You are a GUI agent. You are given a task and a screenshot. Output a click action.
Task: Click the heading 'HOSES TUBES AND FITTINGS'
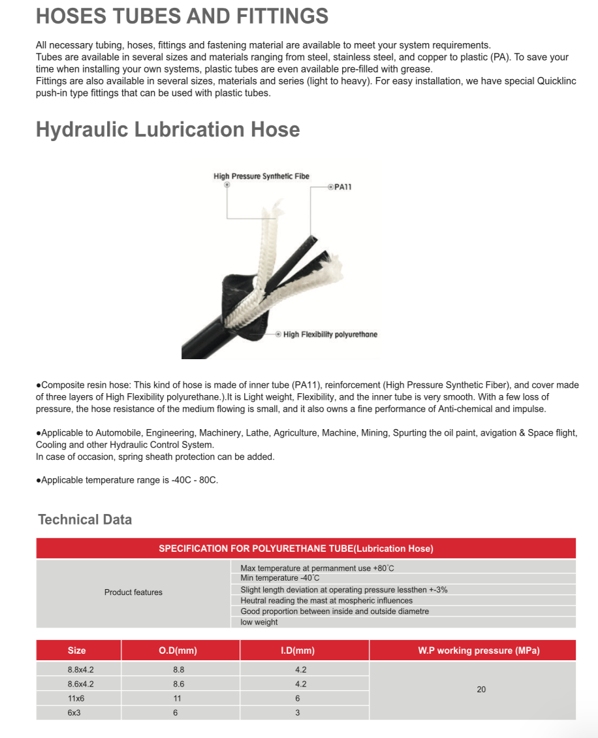pos(182,16)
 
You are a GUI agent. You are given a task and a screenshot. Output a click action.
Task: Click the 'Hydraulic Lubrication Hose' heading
pos(168,129)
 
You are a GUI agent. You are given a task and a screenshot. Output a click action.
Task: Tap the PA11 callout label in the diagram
pos(343,187)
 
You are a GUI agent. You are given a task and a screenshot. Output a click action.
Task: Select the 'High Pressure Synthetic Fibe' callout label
pos(261,176)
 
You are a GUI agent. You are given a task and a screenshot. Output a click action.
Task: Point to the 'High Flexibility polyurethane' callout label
pos(330,334)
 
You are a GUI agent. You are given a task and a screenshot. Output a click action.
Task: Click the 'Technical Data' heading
pos(85,520)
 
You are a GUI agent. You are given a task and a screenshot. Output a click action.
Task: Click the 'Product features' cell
pos(133,592)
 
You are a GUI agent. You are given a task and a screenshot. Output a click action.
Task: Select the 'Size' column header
pos(76,650)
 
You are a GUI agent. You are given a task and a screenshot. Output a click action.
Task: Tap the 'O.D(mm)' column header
pos(178,650)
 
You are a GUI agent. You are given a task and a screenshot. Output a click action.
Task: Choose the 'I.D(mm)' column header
pos(298,650)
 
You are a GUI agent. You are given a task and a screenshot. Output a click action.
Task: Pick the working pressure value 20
pos(481,690)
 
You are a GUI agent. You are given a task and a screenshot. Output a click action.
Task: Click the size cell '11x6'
pos(76,698)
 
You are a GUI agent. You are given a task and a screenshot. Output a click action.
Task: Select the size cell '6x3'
pos(74,713)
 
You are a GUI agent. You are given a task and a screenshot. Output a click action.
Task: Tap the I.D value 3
pos(298,713)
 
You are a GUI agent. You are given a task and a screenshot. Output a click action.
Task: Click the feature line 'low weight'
pos(259,622)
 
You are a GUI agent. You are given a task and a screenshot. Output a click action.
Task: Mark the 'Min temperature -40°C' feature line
pos(280,578)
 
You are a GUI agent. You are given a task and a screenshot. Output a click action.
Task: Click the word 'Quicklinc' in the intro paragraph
pos(555,81)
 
